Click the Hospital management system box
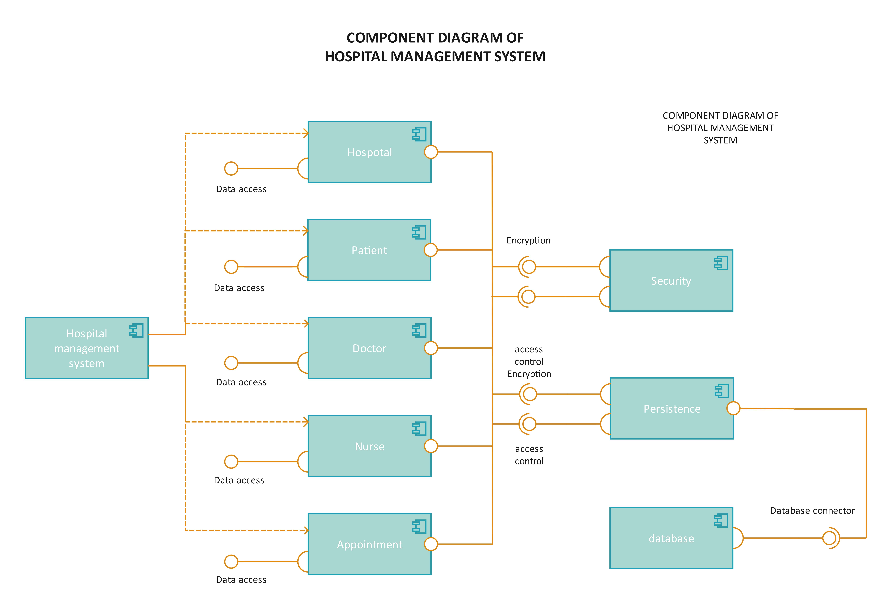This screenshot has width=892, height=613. [86, 348]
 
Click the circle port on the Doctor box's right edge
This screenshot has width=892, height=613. [431, 348]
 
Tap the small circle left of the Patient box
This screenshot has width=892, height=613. [231, 267]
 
